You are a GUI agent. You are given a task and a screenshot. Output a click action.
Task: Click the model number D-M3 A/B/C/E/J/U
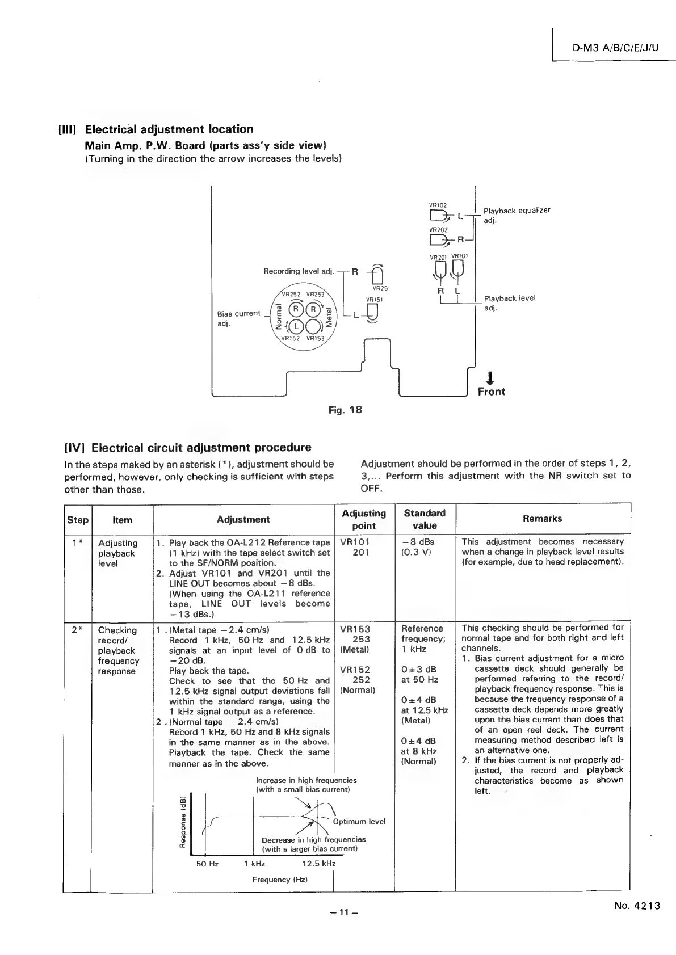point(615,48)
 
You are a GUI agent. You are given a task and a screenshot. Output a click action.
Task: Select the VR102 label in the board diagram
point(438,205)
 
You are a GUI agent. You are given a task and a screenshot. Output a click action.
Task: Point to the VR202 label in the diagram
point(438,230)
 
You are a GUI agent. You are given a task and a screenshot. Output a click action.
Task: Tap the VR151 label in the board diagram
point(375,300)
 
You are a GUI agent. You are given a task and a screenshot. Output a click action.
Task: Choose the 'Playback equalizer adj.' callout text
point(517,215)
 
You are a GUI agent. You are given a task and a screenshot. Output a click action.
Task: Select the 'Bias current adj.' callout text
point(238,318)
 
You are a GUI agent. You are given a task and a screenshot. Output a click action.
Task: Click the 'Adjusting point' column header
point(364,519)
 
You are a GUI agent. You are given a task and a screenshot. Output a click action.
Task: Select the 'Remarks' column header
point(542,518)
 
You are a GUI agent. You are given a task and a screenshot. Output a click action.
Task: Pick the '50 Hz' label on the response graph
point(207,864)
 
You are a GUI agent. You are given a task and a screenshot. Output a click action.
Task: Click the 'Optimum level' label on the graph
point(359,822)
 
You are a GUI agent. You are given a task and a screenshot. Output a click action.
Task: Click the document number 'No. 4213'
point(637,906)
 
